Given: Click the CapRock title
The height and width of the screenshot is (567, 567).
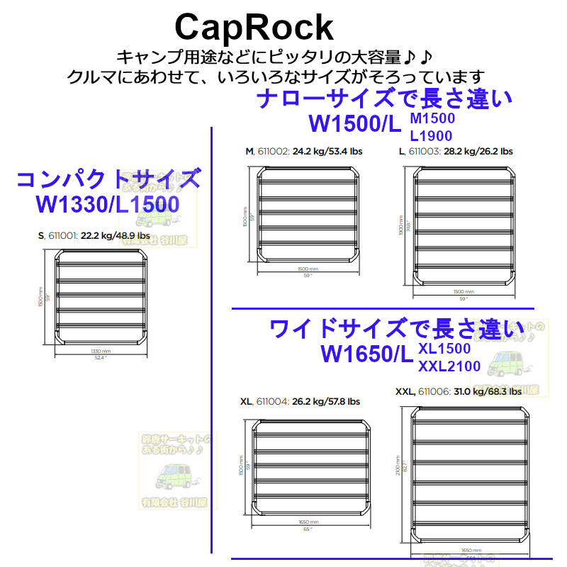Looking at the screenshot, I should (x=253, y=27).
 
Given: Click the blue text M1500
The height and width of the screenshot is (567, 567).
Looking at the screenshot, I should (x=432, y=118).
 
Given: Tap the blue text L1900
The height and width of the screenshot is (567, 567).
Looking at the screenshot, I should (x=431, y=135).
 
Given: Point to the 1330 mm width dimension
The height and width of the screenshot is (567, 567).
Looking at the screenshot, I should (x=101, y=351).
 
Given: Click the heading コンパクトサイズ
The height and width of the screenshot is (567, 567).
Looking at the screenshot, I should (x=108, y=178).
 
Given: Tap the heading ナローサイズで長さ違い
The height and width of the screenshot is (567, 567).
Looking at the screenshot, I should (x=384, y=99).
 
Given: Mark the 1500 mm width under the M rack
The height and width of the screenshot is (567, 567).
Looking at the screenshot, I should (x=308, y=269).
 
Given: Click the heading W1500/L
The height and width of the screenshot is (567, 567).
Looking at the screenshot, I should (x=355, y=124).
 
